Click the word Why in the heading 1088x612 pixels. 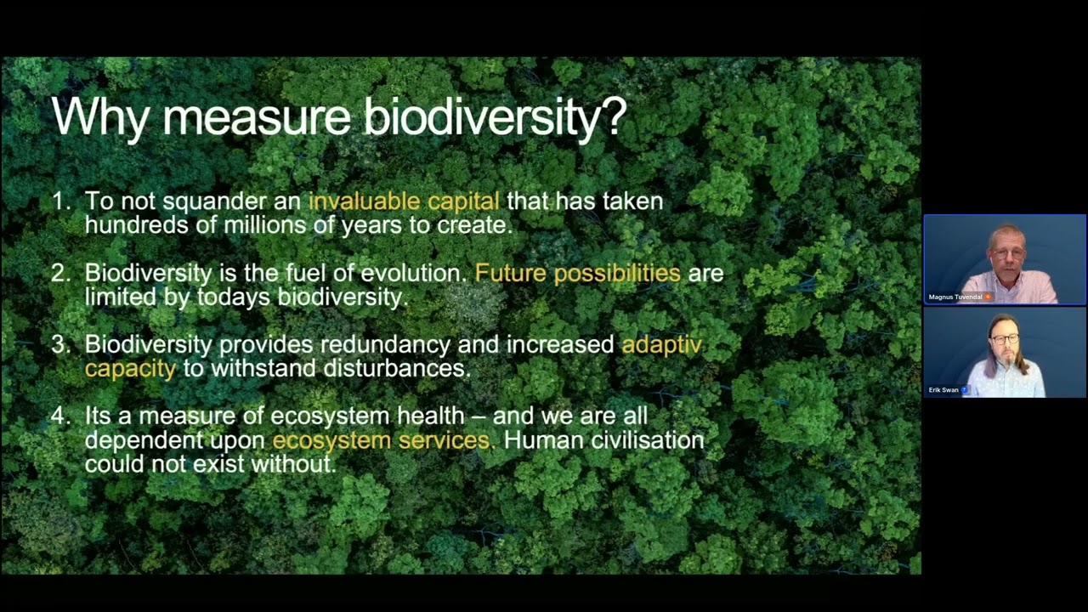pyautogui.click(x=99, y=117)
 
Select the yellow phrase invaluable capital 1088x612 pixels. pyautogui.click(x=404, y=201)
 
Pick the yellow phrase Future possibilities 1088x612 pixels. pyautogui.click(x=577, y=273)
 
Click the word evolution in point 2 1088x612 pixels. pyautogui.click(x=413, y=273)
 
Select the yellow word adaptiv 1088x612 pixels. pyautogui.click(x=661, y=344)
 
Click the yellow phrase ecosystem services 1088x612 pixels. pyautogui.click(x=382, y=440)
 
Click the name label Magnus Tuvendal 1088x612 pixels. pyautogui.click(x=955, y=297)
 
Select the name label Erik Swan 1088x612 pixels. pyautogui.click(x=943, y=389)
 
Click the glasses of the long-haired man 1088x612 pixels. pyautogui.click(x=1005, y=339)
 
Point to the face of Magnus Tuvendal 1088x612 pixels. pyautogui.click(x=1007, y=254)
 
